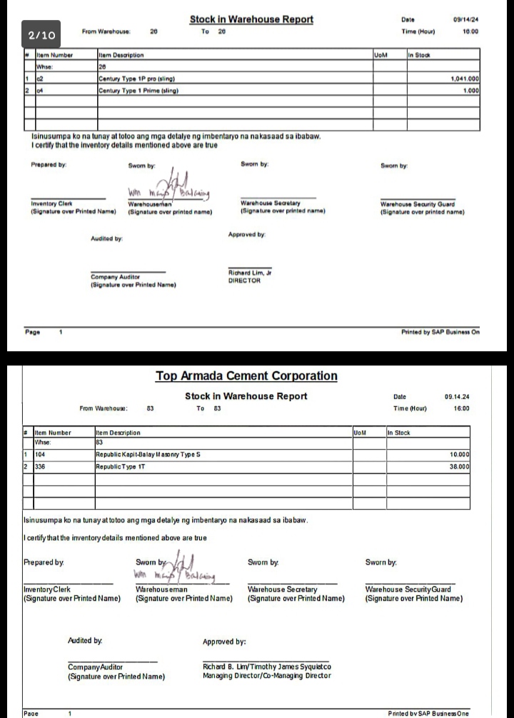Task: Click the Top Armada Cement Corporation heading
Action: tap(246, 376)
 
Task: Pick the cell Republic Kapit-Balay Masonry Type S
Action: tap(148, 454)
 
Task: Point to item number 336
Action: tap(40, 466)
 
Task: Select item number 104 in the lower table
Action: tap(40, 454)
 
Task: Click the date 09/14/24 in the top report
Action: tap(465, 20)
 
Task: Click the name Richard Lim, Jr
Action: tap(250, 273)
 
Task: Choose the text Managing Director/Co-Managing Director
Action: tap(266, 676)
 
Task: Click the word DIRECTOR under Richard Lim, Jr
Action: tap(244, 280)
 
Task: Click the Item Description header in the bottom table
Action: tap(118, 433)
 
